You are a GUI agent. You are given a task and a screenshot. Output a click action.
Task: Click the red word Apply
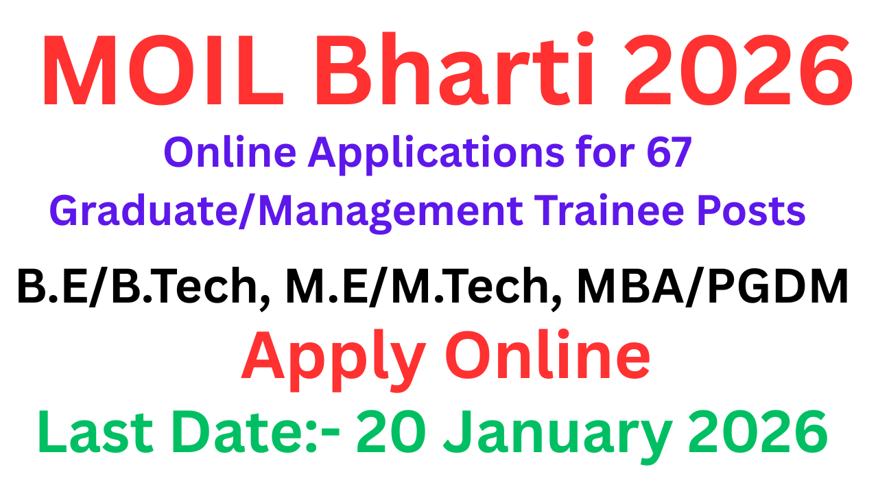(x=330, y=358)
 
